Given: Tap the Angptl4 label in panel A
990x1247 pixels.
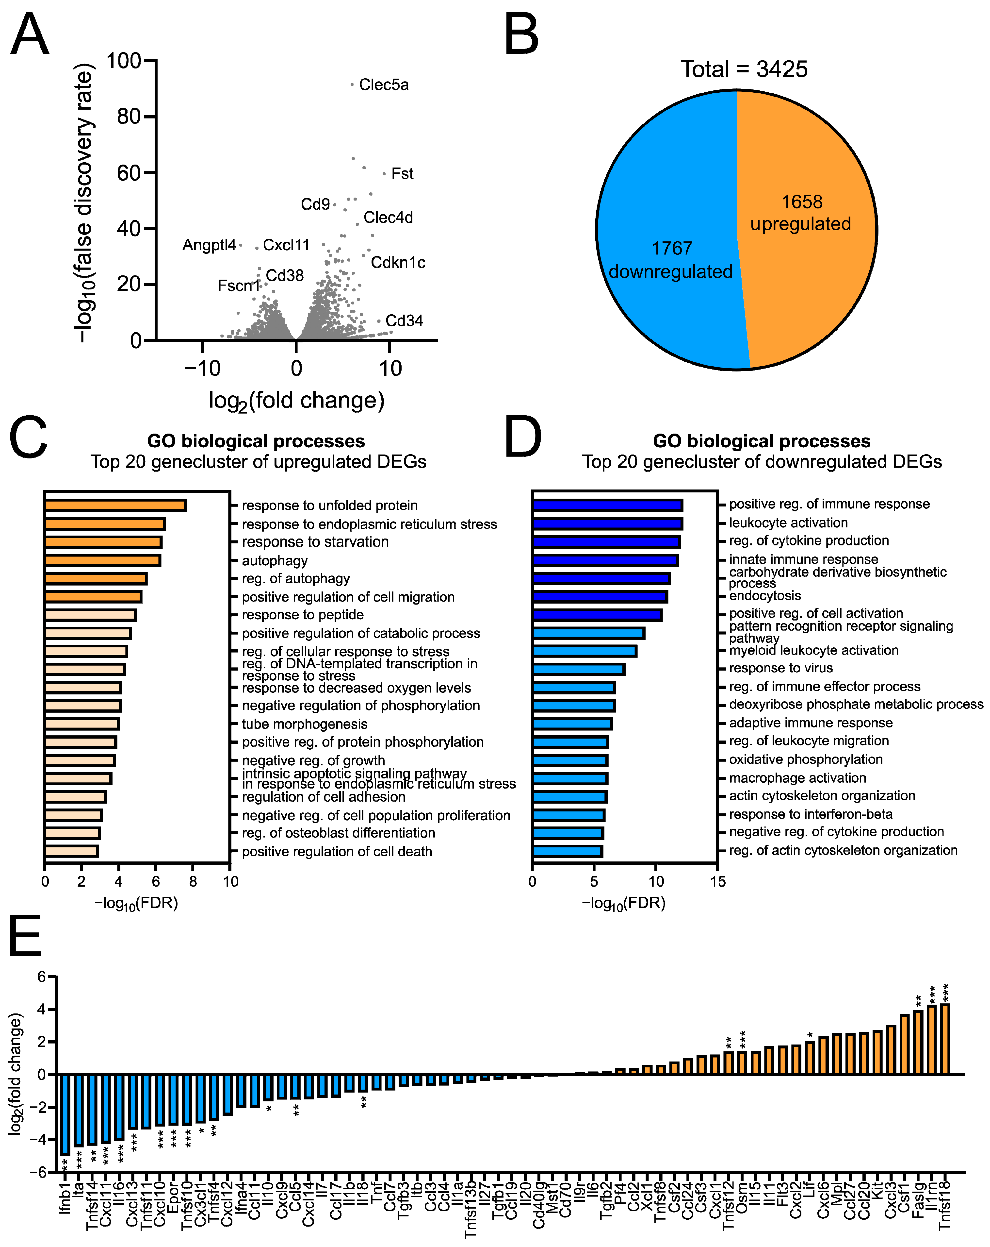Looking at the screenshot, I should point(209,245).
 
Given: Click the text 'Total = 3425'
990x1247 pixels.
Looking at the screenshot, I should point(744,69).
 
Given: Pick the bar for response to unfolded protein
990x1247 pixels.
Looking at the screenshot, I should point(115,506).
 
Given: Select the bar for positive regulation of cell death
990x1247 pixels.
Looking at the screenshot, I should point(72,851).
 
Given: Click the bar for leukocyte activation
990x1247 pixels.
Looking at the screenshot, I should point(607,523).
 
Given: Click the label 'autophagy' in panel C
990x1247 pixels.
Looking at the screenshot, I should point(275,560).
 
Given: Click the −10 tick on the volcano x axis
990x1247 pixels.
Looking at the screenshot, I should point(202,369).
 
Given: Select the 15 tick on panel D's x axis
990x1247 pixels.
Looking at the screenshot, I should point(718,881).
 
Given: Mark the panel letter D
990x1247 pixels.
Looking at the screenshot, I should point(523,438).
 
